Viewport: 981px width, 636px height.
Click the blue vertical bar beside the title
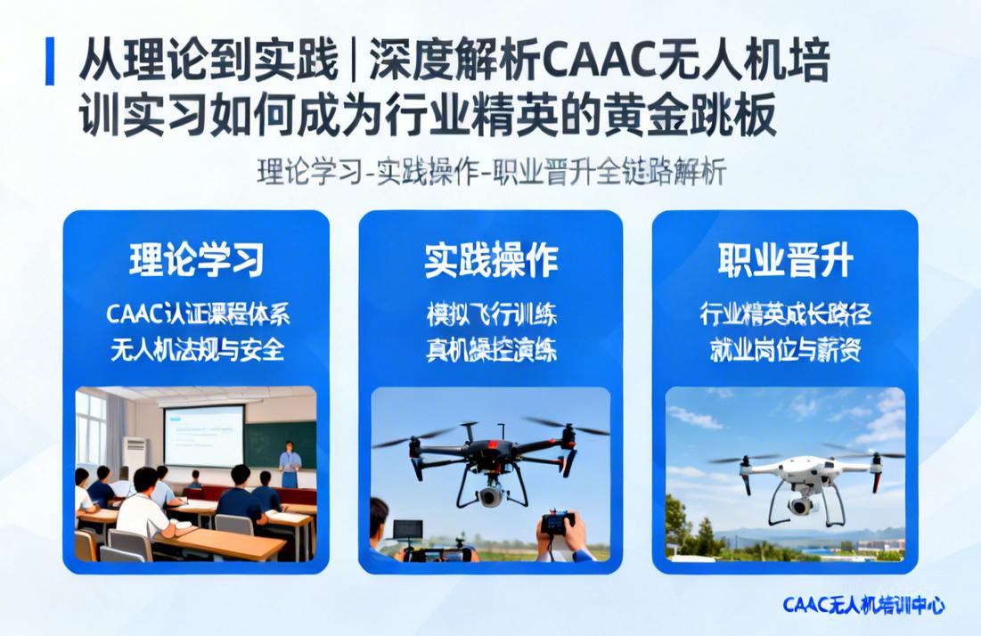[50, 61]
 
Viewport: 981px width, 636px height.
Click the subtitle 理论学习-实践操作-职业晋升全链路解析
[492, 172]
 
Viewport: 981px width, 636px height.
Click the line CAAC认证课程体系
[197, 314]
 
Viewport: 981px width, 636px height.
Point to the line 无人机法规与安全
[197, 349]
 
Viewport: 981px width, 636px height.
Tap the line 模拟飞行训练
[491, 314]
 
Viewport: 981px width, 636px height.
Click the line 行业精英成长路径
[785, 314]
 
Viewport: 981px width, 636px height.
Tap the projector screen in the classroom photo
[204, 435]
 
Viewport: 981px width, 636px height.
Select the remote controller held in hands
[559, 523]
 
